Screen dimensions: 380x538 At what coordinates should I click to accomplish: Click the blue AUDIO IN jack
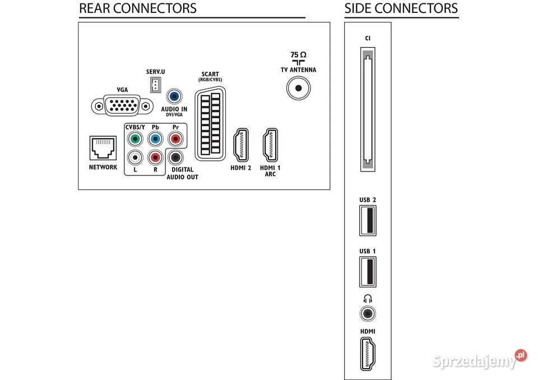tap(175, 96)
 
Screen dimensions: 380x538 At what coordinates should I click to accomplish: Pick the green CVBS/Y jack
tap(134, 138)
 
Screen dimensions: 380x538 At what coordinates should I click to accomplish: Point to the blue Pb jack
tap(155, 138)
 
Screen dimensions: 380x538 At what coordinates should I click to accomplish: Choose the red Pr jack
tap(175, 138)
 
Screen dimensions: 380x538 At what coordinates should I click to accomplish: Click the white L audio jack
tap(134, 158)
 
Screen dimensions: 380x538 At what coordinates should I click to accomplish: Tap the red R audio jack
tap(155, 158)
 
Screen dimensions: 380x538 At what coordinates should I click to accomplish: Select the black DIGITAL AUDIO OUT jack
tap(176, 158)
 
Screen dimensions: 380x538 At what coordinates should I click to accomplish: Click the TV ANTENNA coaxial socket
tap(298, 88)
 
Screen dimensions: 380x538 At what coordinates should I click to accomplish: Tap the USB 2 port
tap(367, 221)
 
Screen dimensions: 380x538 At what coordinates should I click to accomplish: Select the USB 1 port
tap(367, 271)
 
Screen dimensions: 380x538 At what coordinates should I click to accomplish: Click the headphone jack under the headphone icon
tap(368, 313)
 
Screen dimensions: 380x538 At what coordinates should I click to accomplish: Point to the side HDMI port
tap(368, 354)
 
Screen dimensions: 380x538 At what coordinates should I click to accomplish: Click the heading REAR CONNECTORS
tap(138, 8)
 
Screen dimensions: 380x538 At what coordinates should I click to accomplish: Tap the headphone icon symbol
tap(368, 299)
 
